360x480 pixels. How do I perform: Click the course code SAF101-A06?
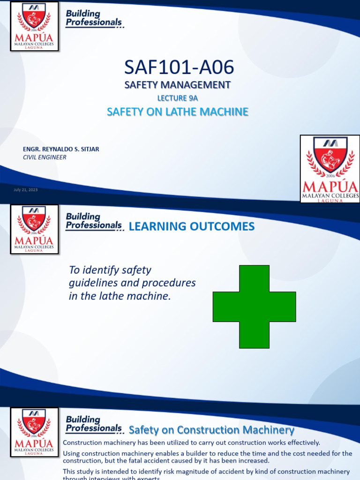(179, 68)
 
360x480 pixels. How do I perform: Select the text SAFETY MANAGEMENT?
(177, 85)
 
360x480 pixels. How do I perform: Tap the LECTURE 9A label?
(177, 98)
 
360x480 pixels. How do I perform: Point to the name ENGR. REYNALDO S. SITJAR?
(61, 149)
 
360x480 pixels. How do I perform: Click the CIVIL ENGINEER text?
(45, 157)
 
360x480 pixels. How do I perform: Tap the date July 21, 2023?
(26, 190)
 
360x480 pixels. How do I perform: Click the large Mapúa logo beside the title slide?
(330, 169)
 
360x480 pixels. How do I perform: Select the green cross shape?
(254, 307)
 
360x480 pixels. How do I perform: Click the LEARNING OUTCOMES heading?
(191, 227)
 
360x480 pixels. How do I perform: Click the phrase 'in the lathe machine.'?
(120, 297)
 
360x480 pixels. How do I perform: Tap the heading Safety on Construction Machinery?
(211, 430)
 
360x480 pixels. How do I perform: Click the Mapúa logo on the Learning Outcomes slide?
(34, 229)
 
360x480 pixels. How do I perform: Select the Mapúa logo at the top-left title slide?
(34, 26)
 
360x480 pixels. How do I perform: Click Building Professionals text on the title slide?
(94, 18)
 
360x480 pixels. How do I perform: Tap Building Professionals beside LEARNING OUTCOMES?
(94, 221)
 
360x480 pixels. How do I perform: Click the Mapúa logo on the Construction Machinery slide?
(34, 432)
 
